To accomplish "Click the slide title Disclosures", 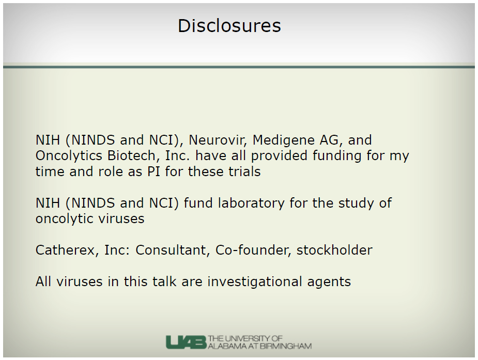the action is pyautogui.click(x=229, y=26).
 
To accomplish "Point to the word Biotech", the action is pyautogui.click(x=132, y=155).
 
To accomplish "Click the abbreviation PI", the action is pyautogui.click(x=153, y=172).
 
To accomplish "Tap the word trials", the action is pyautogui.click(x=243, y=171).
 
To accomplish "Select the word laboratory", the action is pyautogui.click(x=251, y=204).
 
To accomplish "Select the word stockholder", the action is pyautogui.click(x=334, y=251).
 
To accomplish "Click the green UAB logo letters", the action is pyautogui.click(x=186, y=342).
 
